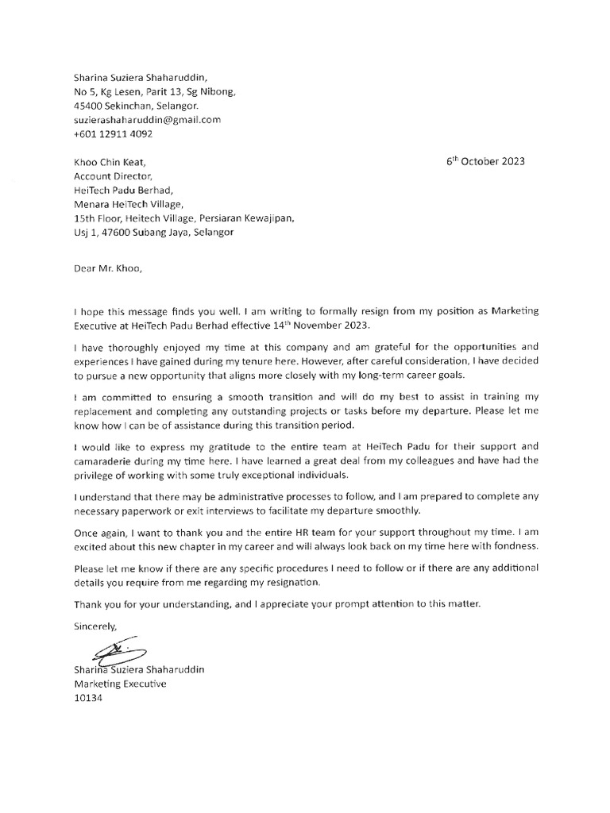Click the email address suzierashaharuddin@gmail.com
[147, 120]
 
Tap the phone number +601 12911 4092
[113, 133]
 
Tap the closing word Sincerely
[95, 626]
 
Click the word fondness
[510, 548]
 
